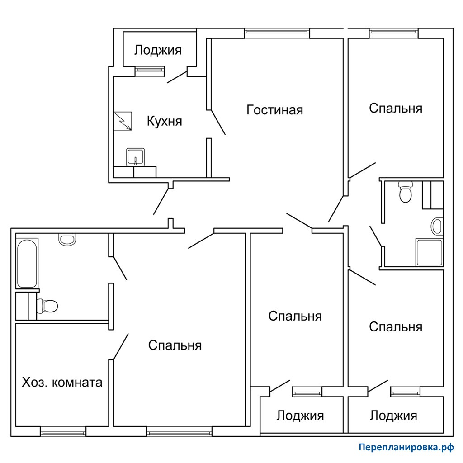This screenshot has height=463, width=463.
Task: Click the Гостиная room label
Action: pyautogui.click(x=274, y=110)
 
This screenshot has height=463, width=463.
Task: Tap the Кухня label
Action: pyautogui.click(x=165, y=121)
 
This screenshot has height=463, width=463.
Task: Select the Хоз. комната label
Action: pyautogui.click(x=62, y=383)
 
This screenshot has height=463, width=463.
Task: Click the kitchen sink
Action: pyautogui.click(x=136, y=157)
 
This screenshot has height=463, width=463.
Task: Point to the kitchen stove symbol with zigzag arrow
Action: pyautogui.click(x=123, y=121)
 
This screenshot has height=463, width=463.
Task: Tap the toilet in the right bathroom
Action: pyautogui.click(x=406, y=192)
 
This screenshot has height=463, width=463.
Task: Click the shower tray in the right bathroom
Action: pyautogui.click(x=429, y=252)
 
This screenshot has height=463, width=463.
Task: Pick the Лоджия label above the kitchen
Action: pyautogui.click(x=158, y=50)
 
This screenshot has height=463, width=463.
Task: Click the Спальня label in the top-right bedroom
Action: pyautogui.click(x=396, y=109)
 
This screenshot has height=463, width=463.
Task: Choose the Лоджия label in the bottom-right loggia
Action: pyautogui.click(x=394, y=416)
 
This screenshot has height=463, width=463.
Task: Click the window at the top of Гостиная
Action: pyautogui.click(x=277, y=33)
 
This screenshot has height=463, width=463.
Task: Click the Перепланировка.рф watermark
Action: pyautogui.click(x=406, y=448)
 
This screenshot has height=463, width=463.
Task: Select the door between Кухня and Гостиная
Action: pyautogui.click(x=218, y=122)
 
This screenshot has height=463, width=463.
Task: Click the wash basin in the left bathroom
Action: pyautogui.click(x=67, y=239)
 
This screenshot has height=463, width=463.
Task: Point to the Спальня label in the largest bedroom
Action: pyautogui.click(x=175, y=345)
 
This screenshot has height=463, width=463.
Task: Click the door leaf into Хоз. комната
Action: pyautogui.click(x=121, y=347)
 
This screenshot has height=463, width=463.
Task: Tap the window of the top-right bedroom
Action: pyautogui.click(x=394, y=33)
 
